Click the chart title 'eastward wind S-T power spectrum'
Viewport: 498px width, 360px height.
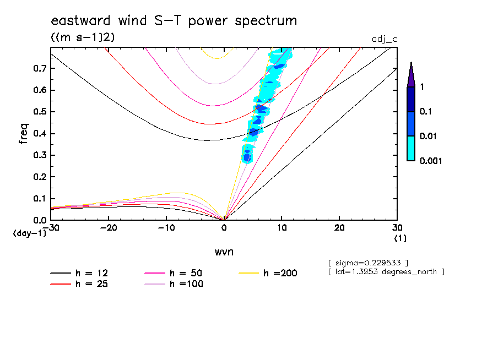click(174, 21)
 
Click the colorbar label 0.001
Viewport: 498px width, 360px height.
click(431, 161)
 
